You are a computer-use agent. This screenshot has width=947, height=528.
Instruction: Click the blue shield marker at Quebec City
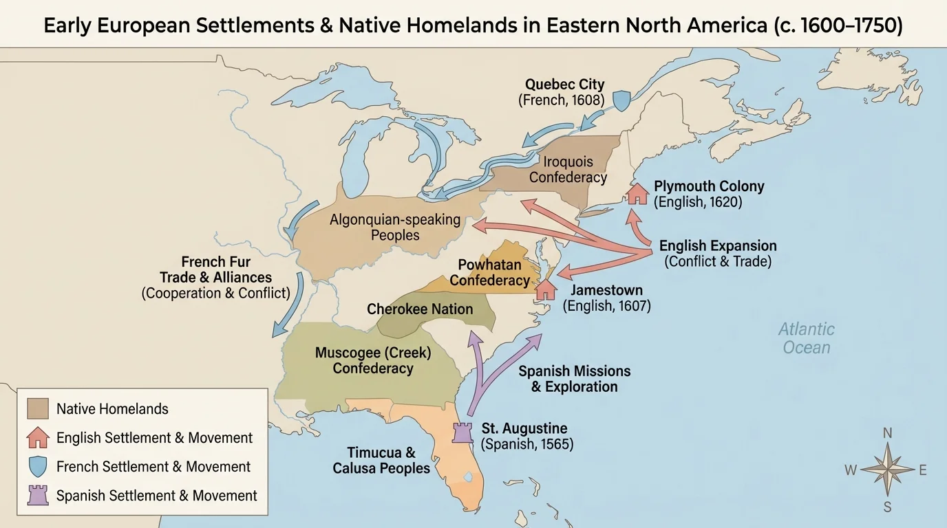point(621,100)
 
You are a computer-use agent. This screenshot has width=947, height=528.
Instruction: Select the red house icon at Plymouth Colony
point(638,193)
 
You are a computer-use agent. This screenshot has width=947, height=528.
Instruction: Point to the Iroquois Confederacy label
point(568,170)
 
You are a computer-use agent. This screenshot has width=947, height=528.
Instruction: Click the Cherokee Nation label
point(420,309)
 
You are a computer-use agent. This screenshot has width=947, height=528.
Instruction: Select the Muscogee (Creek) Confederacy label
point(373,360)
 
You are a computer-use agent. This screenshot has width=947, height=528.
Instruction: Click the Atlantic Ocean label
point(807,338)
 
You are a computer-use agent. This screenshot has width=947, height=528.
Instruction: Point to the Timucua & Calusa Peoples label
point(381,461)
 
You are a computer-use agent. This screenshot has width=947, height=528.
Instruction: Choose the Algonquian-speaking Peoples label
point(395,228)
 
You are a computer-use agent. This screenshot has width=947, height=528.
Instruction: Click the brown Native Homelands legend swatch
point(38,408)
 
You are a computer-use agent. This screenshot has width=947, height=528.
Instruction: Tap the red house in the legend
point(38,437)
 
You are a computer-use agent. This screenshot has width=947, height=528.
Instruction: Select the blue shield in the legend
point(38,467)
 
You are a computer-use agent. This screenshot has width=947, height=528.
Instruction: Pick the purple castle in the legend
point(38,496)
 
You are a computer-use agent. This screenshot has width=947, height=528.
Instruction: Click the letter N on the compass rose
point(888,432)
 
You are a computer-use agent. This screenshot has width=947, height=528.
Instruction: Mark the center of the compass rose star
point(888,470)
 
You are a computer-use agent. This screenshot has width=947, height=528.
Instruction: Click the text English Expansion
point(718,245)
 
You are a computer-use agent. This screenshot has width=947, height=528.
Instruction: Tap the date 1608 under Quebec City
point(585,100)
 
